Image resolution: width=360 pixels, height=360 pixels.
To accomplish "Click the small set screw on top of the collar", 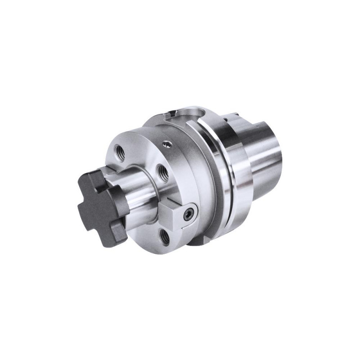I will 167,144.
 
